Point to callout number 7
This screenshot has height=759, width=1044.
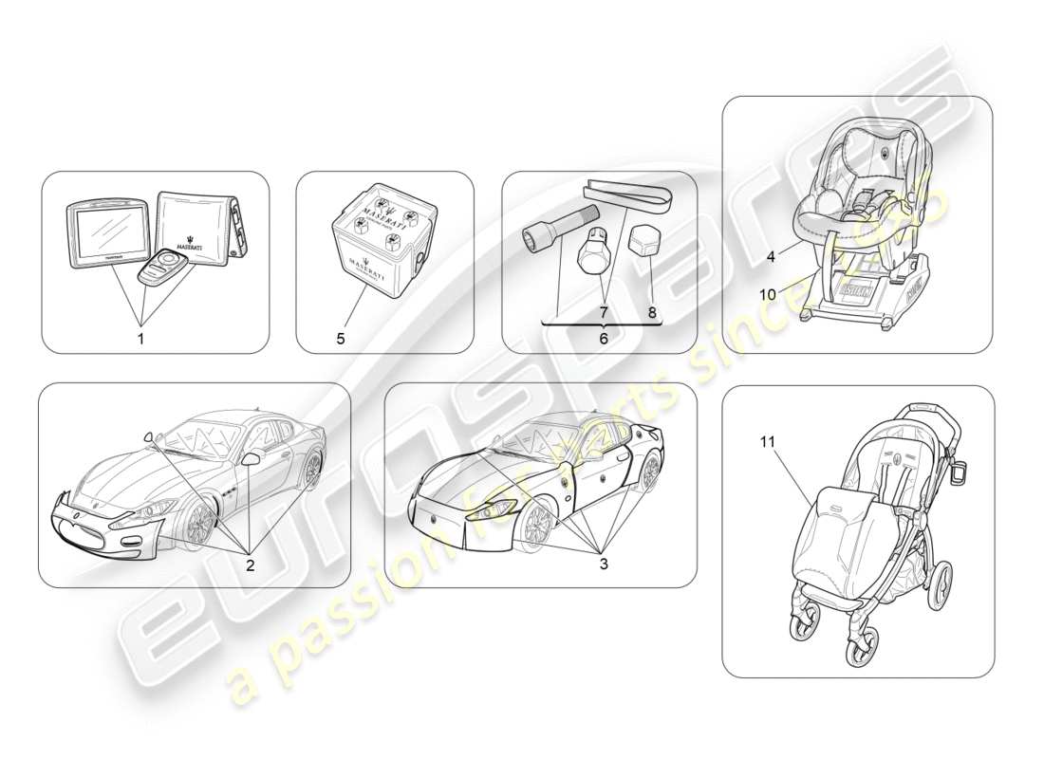click(602, 310)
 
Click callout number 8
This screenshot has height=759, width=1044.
click(652, 310)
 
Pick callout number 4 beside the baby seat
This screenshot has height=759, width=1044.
click(771, 255)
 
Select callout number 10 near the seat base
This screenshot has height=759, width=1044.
click(768, 295)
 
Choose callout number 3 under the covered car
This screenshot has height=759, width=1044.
click(603, 563)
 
